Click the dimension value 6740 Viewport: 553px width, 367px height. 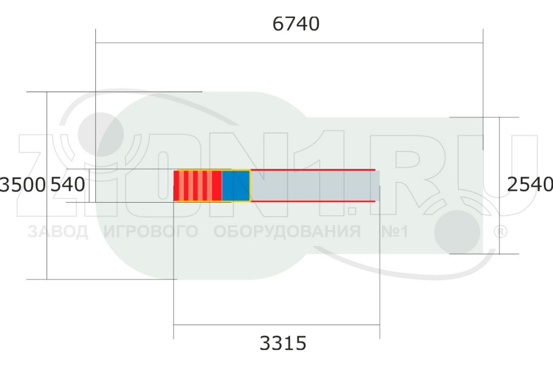point(296,24)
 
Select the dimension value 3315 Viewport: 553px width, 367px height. point(283,343)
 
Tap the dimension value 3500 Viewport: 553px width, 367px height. point(23,185)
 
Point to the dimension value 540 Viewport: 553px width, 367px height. point(68,184)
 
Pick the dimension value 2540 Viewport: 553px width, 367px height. point(530,184)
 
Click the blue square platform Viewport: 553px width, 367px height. point(236,186)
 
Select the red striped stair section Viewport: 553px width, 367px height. point(198,186)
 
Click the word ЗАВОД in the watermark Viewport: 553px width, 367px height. point(58,232)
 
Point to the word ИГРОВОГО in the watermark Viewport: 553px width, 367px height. point(151,232)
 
